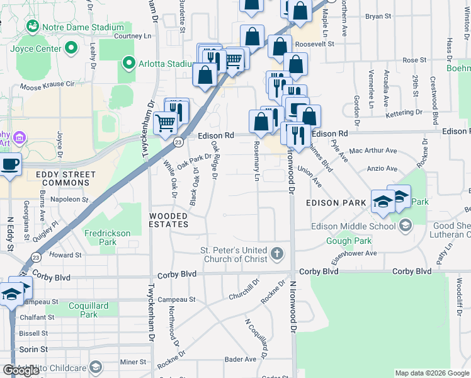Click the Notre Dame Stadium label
82,28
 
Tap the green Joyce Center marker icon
71,47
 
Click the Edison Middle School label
353,226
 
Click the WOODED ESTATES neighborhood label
168,220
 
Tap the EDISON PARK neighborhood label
336,203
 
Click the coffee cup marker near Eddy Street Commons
9,164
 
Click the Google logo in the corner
20,370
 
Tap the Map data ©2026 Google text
431,373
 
